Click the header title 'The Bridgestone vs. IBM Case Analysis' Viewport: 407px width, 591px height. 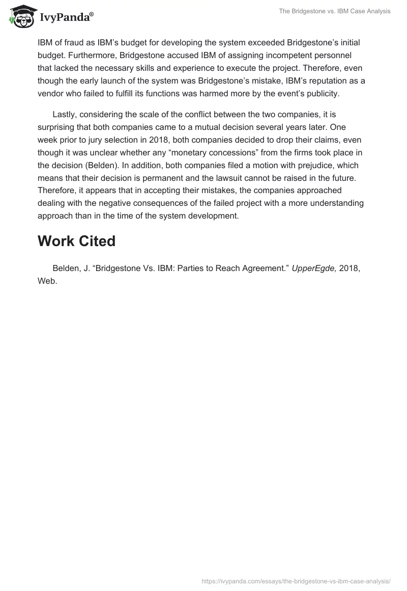pyautogui.click(x=334, y=11)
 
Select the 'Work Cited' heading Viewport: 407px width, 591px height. pyautogui.click(x=76, y=240)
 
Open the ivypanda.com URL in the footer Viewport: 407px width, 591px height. pyautogui.click(x=296, y=580)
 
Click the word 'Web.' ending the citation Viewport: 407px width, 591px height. pyautogui.click(x=47, y=281)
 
